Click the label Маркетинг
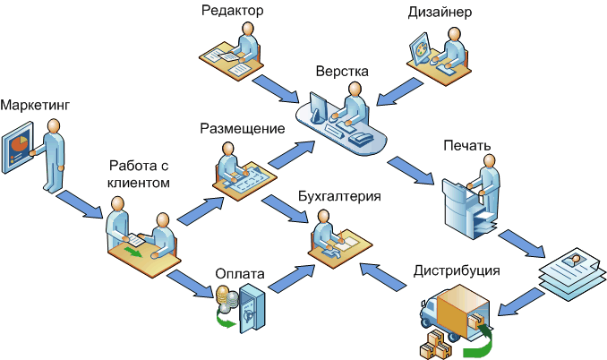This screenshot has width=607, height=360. (35, 107)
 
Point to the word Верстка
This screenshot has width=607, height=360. (341, 72)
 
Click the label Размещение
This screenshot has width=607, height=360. (243, 128)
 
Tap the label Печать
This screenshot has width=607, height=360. (466, 144)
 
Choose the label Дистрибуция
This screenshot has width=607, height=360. (457, 270)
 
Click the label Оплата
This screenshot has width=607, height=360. (240, 272)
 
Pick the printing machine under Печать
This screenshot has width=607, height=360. (466, 205)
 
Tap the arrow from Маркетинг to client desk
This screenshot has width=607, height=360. (78, 204)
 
